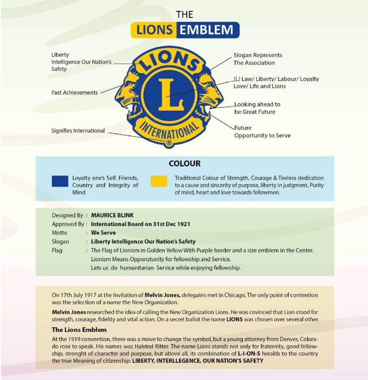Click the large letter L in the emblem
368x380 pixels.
pos(171,94)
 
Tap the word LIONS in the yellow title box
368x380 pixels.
pos(154,30)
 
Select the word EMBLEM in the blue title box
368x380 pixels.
pos(207,30)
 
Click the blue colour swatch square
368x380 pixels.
pos(60,181)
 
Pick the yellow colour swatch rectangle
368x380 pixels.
pos(159,181)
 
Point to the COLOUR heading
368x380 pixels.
pos(184,163)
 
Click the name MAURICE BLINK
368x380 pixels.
pos(112,215)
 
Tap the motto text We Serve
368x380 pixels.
pos(103,233)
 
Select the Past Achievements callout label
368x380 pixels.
pos(74,92)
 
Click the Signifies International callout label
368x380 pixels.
pos(78,131)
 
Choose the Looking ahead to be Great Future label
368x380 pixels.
pos(257,108)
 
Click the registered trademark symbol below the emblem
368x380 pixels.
pos(169,143)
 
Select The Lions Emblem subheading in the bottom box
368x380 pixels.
pos(79,330)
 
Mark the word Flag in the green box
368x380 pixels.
pos(57,250)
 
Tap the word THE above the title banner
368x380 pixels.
pos(185,14)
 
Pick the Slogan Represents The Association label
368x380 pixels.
pos(258,59)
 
